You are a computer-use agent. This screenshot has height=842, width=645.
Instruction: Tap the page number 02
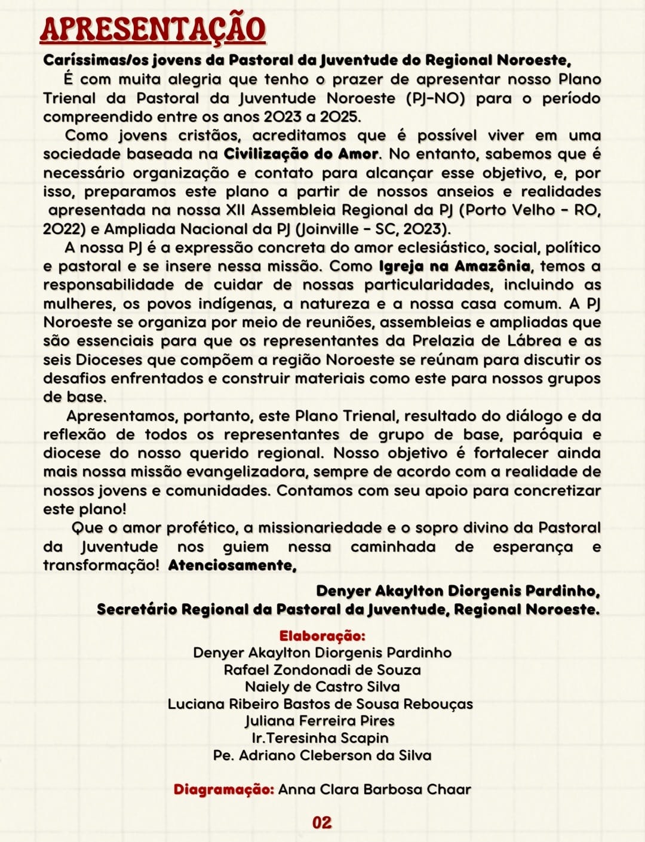pyautogui.click(x=322, y=822)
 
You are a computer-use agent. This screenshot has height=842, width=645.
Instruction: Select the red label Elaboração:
pyautogui.click(x=322, y=636)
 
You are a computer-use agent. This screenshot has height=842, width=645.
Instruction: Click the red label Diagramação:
pyautogui.click(x=224, y=789)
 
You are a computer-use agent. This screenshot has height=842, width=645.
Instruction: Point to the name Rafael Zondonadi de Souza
pyautogui.click(x=322, y=670)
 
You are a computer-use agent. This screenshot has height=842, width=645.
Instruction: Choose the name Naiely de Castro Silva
pyautogui.click(x=322, y=687)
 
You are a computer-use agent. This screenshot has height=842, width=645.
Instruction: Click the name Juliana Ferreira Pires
pyautogui.click(x=320, y=721)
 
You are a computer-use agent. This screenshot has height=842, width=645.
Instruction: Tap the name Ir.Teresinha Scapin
pyautogui.click(x=320, y=738)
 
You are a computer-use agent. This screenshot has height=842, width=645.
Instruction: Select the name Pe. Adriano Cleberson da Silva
pyautogui.click(x=322, y=755)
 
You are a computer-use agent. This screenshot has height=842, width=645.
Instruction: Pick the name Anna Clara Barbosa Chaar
pyautogui.click(x=374, y=789)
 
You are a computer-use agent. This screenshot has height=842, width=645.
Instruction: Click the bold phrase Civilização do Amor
pyautogui.click(x=301, y=154)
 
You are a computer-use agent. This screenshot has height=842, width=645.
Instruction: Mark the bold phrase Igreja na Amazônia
pyautogui.click(x=454, y=266)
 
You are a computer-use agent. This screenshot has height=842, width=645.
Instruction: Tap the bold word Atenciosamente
pyautogui.click(x=232, y=565)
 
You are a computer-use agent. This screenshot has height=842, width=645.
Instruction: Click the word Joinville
pyautogui.click(x=336, y=229)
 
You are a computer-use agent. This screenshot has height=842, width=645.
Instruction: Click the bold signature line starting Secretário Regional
pyautogui.click(x=348, y=610)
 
